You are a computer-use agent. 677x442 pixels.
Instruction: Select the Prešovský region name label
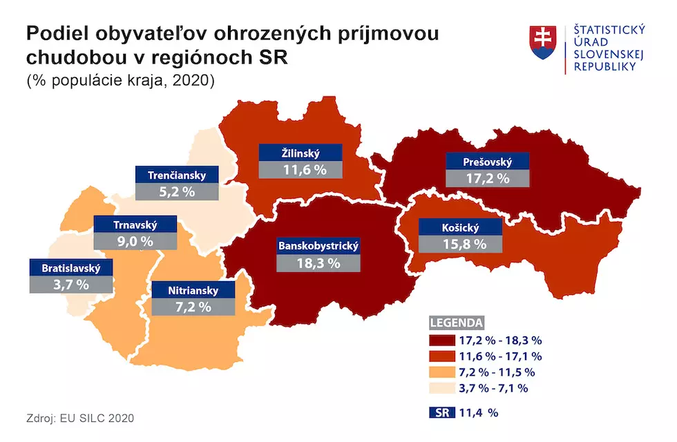(x=488, y=162)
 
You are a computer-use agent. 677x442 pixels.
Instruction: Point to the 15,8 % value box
(x=459, y=244)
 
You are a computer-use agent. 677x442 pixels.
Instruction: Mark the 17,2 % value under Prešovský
(x=488, y=178)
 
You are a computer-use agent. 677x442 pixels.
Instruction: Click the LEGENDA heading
(x=457, y=323)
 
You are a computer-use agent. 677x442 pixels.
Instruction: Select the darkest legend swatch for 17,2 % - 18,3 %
(x=440, y=340)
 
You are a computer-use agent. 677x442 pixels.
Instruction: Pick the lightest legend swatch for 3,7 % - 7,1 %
(x=440, y=388)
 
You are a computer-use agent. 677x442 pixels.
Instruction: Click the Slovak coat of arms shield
(x=542, y=43)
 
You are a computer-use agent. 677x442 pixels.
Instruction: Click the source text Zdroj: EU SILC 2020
(x=80, y=419)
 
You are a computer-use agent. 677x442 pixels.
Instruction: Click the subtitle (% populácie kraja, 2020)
(x=122, y=81)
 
